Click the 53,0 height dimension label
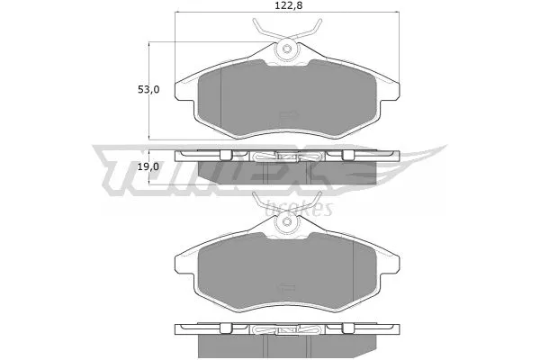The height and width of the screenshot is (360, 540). click(148, 89)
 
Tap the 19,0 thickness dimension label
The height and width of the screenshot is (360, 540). click(148, 166)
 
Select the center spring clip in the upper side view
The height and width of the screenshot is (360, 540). click(286, 159)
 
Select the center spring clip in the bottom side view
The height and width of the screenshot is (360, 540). click(286, 333)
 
